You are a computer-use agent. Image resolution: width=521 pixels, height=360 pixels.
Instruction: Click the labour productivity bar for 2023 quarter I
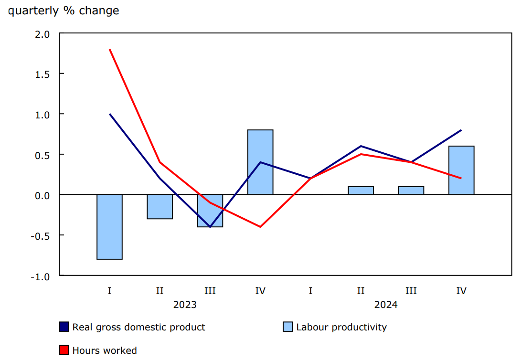[x=109, y=227]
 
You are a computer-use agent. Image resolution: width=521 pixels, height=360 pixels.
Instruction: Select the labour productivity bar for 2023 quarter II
[x=159, y=207]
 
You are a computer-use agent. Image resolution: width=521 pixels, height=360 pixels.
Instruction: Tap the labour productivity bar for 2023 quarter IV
[x=260, y=162]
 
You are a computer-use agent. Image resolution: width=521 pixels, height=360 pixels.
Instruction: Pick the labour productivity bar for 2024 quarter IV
[x=461, y=170]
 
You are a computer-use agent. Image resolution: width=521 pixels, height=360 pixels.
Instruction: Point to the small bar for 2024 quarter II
[x=361, y=191]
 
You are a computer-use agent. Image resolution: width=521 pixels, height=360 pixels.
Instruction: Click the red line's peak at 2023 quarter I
[x=110, y=49]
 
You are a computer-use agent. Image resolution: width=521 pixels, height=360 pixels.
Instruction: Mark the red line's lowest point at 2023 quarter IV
[x=260, y=227]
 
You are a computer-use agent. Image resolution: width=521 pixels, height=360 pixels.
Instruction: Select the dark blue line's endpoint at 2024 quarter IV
[x=461, y=130]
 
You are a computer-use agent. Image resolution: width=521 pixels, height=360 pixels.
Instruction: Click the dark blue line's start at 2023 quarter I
[x=110, y=114]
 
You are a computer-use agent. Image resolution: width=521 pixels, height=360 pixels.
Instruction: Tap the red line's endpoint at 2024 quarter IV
[x=461, y=178]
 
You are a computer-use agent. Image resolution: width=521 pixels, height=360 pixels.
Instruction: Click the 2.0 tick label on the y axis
[x=43, y=34]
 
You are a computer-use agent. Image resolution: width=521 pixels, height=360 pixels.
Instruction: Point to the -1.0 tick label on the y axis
[x=41, y=276]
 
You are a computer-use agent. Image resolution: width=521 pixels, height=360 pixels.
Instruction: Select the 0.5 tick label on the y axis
[x=43, y=155]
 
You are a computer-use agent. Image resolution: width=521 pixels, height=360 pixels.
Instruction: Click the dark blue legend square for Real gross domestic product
[x=64, y=327]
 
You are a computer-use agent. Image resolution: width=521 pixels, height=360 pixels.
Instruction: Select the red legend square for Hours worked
[x=64, y=350]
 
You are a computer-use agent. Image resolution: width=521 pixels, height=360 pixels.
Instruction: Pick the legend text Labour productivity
[x=341, y=327]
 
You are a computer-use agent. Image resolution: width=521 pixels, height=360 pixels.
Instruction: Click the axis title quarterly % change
[x=64, y=11]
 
